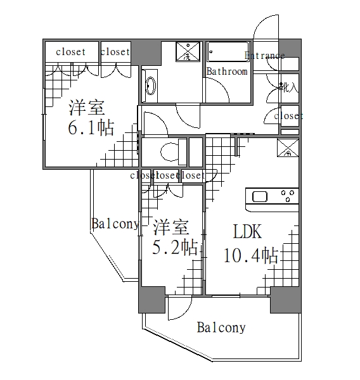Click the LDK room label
(x=248, y=232)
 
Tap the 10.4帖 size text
(x=250, y=256)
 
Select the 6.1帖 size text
(x=91, y=129)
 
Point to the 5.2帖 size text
(x=174, y=247)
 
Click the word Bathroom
(x=227, y=72)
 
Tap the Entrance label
(x=264, y=56)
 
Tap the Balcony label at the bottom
(x=221, y=327)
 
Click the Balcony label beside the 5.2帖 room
(x=115, y=224)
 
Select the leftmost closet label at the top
(x=70, y=52)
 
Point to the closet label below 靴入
(x=288, y=116)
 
